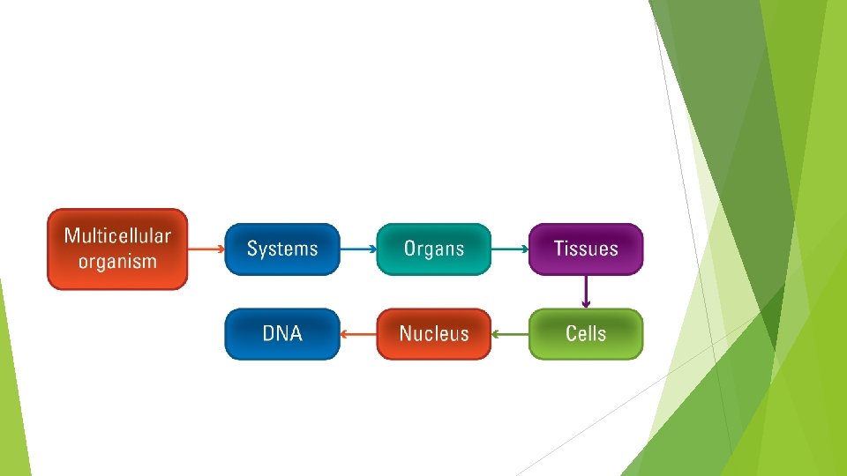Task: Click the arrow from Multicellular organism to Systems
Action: coord(206,249)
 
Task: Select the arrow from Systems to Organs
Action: coord(358,249)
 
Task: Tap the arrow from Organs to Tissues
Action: coord(510,249)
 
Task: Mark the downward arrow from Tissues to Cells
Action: coord(586,292)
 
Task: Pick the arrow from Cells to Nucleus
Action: coord(510,334)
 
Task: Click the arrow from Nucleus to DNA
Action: coord(358,334)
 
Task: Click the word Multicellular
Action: coord(117,236)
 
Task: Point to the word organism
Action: coord(117,261)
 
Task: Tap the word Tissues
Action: coord(586,249)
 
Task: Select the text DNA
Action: coord(282,334)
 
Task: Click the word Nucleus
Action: coord(434,334)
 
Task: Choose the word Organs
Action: coord(434,249)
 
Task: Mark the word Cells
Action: coord(586,334)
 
